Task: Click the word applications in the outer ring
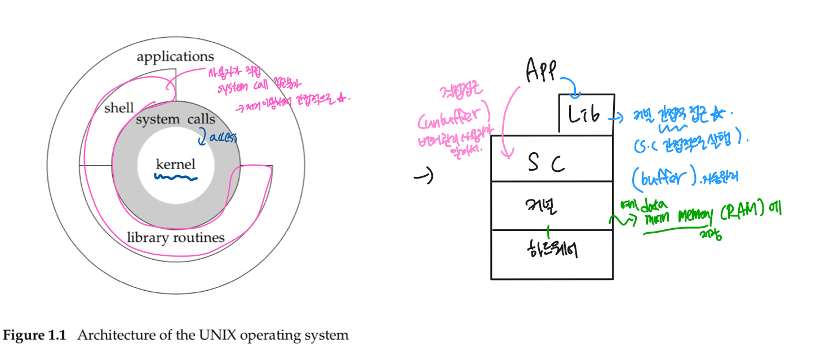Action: (x=175, y=57)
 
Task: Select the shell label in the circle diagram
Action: (x=119, y=108)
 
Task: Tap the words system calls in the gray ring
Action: (x=175, y=119)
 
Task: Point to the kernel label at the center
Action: (x=176, y=165)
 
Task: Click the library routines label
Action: (x=175, y=238)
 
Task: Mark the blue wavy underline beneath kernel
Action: (x=176, y=179)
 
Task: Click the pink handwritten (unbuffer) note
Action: (x=454, y=119)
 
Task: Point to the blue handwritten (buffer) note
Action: (x=662, y=179)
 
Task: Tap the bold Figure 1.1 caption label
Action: (x=35, y=336)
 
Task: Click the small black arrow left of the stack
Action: (x=423, y=177)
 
